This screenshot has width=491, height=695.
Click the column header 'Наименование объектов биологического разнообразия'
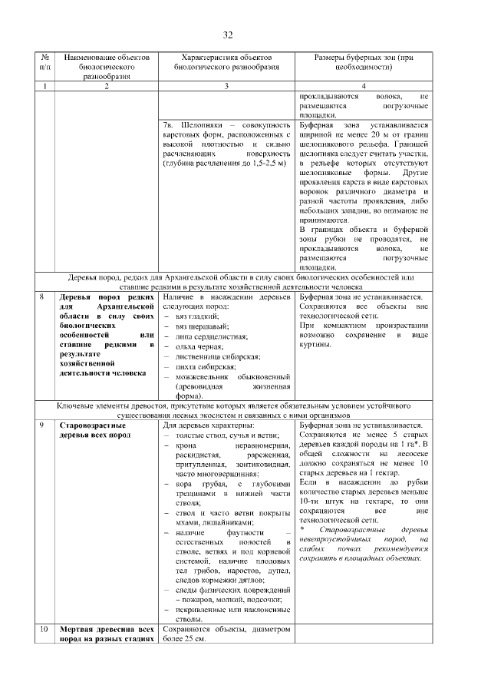(107, 67)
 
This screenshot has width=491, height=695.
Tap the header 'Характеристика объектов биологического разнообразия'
(226, 62)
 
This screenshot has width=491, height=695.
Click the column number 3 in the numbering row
(226, 86)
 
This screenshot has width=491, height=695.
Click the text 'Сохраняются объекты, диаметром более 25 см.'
(226, 634)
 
